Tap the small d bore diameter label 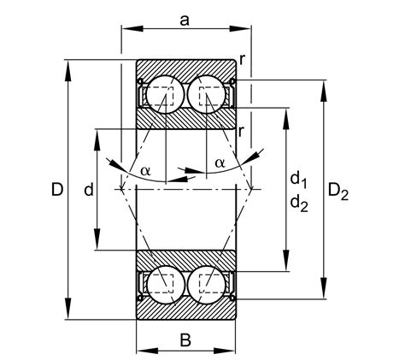pyautogui.click(x=88, y=190)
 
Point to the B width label pyautogui.click(x=185, y=340)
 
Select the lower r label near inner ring pyautogui.click(x=243, y=131)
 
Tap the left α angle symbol pyautogui.click(x=145, y=171)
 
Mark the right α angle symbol pyautogui.click(x=220, y=162)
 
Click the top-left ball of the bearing pyautogui.click(x=162, y=94)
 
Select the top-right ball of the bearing pyautogui.click(x=209, y=94)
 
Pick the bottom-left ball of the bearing pyautogui.click(x=162, y=283)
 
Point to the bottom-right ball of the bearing pyautogui.click(x=209, y=283)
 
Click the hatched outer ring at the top pyautogui.click(x=185, y=68)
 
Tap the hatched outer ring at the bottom pyautogui.click(x=185, y=310)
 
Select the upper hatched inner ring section pyautogui.click(x=185, y=120)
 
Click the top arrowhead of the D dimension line pyautogui.click(x=67, y=64)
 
